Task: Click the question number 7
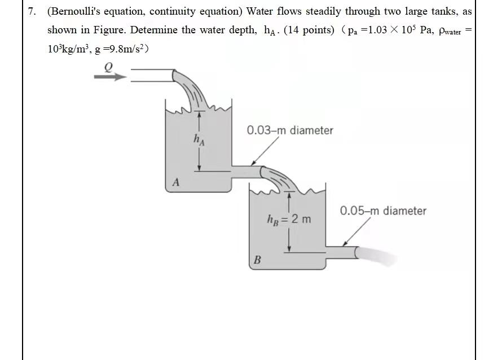click(33, 12)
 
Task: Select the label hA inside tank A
click(199, 139)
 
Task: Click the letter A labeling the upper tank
click(176, 182)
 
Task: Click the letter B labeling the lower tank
click(257, 260)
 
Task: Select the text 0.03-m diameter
click(290, 130)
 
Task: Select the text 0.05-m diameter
click(383, 211)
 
